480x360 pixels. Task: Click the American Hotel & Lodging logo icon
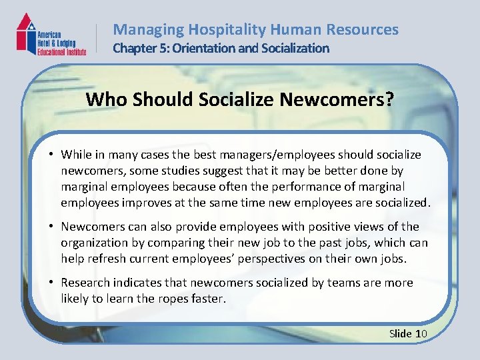point(27,33)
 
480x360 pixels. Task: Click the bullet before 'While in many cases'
point(51,155)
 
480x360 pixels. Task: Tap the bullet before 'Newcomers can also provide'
point(51,227)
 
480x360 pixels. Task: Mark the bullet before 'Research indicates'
point(51,283)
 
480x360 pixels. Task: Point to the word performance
point(315,187)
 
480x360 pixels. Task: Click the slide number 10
point(421,333)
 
